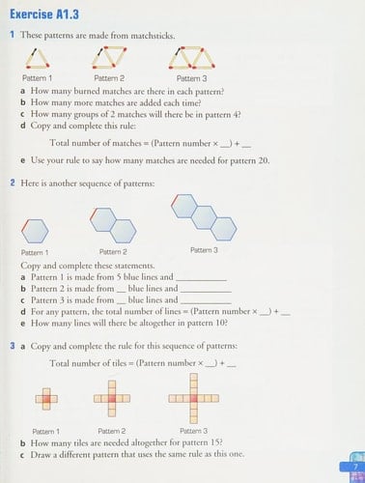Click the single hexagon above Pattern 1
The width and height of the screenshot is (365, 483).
pos(36,230)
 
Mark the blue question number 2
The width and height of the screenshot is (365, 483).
pos(10,181)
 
